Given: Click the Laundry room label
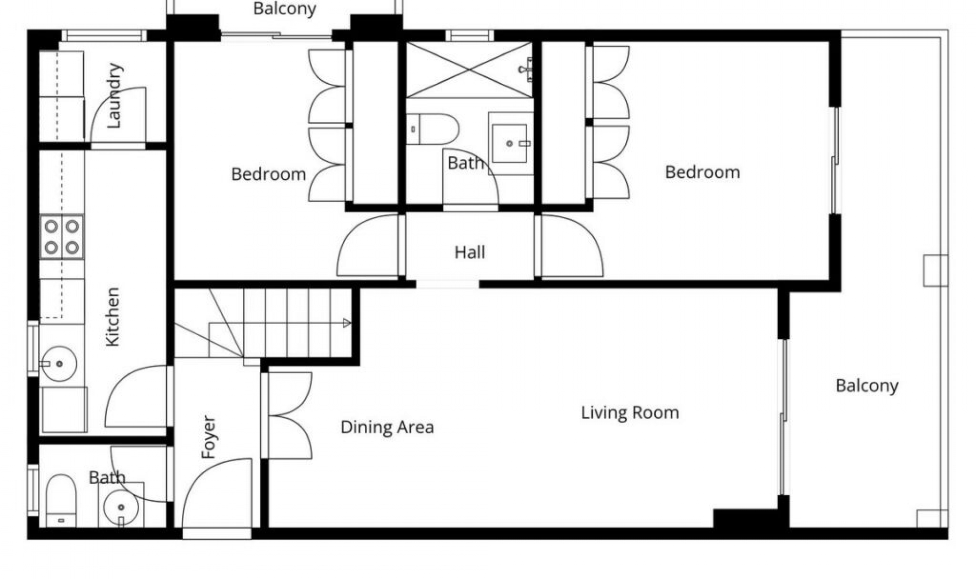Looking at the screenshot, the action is [114, 95].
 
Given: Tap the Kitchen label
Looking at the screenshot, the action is [112, 317].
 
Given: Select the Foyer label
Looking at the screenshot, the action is [208, 437].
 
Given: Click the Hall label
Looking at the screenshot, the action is [470, 252].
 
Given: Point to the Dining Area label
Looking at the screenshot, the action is [387, 427].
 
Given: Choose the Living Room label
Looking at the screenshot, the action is [630, 412].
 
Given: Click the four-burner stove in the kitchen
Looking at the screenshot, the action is [62, 237].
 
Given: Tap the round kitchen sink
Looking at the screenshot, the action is [58, 364].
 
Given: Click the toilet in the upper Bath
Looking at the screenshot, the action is [432, 129].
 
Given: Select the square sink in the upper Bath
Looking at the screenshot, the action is [510, 144].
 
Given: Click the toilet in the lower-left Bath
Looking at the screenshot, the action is [61, 501].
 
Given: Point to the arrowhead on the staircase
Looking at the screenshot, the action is [347, 323].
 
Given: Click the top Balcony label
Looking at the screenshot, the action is [285, 9].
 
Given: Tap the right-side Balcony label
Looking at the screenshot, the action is [867, 386].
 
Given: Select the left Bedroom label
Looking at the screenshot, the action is [268, 174].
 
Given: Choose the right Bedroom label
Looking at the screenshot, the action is [703, 172].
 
